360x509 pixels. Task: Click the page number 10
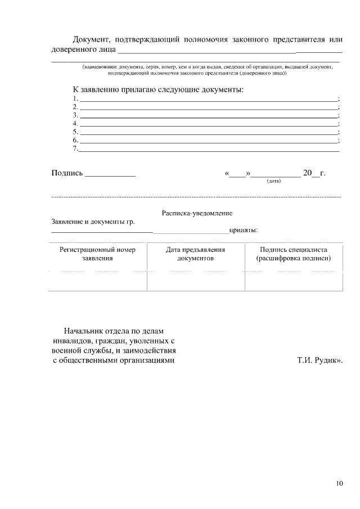tap(339, 483)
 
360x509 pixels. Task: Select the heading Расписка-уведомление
tap(197, 213)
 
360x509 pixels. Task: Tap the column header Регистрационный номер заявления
tap(97, 254)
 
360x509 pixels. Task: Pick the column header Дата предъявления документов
tap(195, 254)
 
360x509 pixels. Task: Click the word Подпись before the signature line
tap(67, 173)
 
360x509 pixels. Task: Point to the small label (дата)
tap(274, 181)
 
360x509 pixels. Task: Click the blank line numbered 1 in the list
tap(208, 98)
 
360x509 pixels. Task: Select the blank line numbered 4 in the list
tap(208, 123)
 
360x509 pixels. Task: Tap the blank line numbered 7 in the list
tap(208, 148)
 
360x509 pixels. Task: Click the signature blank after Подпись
tap(110, 174)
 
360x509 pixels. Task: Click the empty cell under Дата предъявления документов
tap(195, 281)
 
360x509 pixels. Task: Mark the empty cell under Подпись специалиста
tap(293, 281)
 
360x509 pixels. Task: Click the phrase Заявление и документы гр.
tap(93, 222)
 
